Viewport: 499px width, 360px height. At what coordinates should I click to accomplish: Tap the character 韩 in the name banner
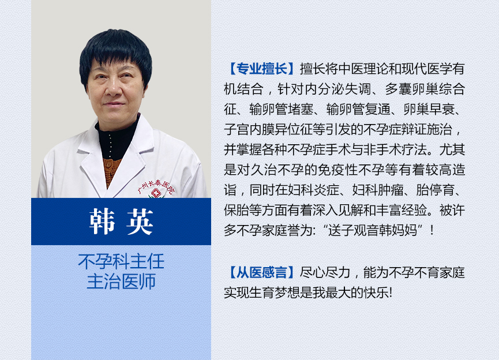coord(102,222)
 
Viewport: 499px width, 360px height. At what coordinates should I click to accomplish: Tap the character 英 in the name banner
coord(140,222)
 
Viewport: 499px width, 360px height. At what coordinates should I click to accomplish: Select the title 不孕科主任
coord(121,261)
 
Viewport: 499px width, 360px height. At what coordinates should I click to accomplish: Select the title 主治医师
coord(121,282)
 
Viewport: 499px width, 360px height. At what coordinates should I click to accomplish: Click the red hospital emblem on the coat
coord(156,193)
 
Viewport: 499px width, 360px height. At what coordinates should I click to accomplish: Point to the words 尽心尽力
coord(325,272)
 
